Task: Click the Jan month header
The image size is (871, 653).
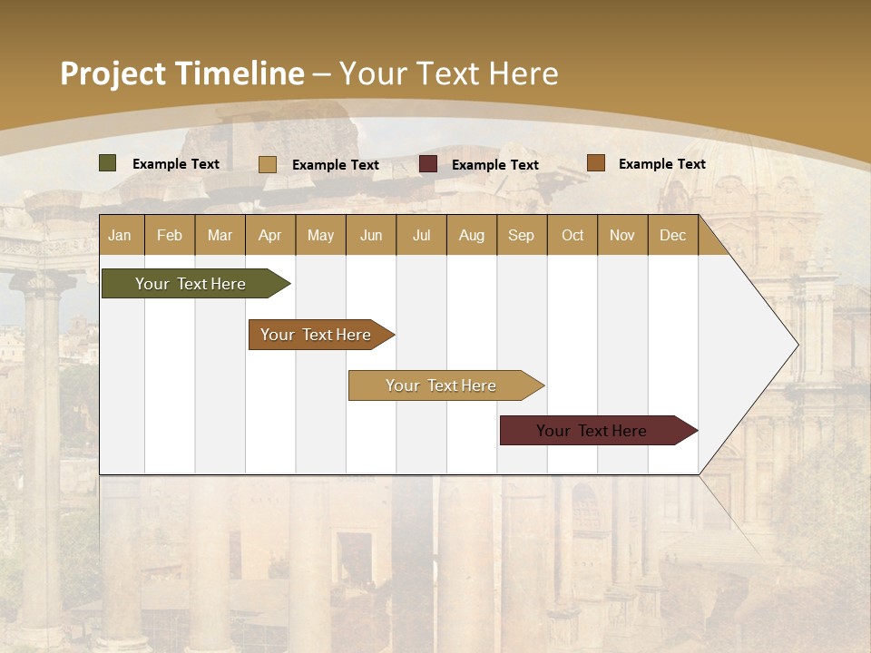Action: (x=120, y=235)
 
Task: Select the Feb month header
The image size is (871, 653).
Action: (x=170, y=235)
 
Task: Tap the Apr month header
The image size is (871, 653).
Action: (x=269, y=235)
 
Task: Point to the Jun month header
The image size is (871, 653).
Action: (x=371, y=235)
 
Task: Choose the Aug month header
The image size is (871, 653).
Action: (x=471, y=235)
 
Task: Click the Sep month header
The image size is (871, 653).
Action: (x=521, y=235)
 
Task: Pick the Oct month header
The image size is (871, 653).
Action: (x=573, y=235)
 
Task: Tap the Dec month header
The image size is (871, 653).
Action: (x=672, y=235)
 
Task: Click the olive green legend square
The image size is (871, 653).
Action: (x=108, y=163)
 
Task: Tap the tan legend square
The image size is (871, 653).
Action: (x=268, y=164)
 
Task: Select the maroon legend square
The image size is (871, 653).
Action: (x=428, y=164)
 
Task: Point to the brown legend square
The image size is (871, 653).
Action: (x=596, y=163)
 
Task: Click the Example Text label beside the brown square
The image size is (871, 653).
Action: (x=661, y=163)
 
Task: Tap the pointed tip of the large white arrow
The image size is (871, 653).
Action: (x=796, y=345)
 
